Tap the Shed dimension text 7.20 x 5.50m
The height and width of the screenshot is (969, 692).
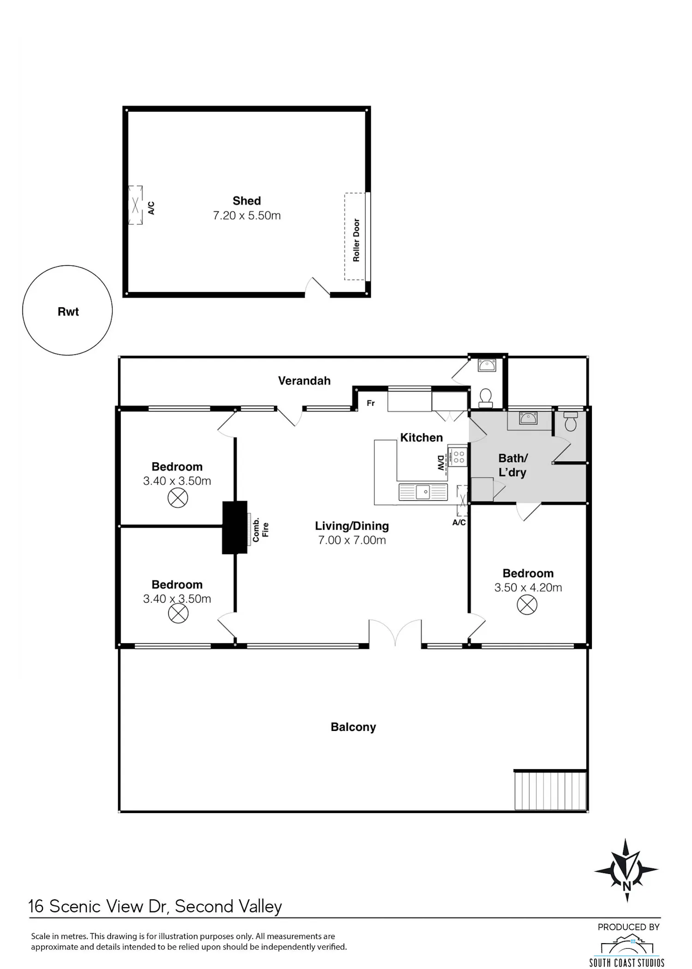247,215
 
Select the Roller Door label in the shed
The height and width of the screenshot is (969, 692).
356,240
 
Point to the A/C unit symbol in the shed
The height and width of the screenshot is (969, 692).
135,205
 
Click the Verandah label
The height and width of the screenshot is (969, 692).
304,381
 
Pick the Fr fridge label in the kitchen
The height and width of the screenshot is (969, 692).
371,403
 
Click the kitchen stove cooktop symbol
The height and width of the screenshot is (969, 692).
458,457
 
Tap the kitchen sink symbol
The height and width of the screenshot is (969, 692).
423,492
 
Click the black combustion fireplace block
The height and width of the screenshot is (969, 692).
235,527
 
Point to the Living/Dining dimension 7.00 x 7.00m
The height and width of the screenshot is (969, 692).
352,540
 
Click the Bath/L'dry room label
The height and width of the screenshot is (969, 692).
513,465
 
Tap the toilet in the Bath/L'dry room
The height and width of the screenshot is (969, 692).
571,421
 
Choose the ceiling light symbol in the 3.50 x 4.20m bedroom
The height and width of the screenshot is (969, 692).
527,604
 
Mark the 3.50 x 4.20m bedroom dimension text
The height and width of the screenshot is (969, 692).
528,588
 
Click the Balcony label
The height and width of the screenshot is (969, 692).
353,727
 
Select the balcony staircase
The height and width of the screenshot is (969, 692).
550,791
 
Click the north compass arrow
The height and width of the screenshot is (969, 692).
626,870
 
